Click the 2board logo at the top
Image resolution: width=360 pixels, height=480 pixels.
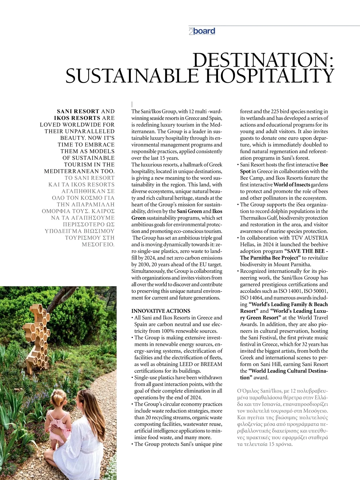pyautogui.click(x=202, y=31)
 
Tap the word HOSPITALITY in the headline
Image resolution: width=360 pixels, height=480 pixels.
pyautogui.click(x=269, y=76)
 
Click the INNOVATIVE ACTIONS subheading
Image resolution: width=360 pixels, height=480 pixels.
pyautogui.click(x=161, y=311)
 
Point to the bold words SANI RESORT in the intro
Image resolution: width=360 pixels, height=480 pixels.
pyautogui.click(x=78, y=111)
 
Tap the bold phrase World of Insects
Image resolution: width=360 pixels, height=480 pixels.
pyautogui.click(x=292, y=185)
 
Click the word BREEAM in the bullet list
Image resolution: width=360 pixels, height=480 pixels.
pyautogui.click(x=211, y=364)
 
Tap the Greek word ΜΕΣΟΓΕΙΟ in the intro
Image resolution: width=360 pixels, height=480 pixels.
pyautogui.click(x=98, y=244)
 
